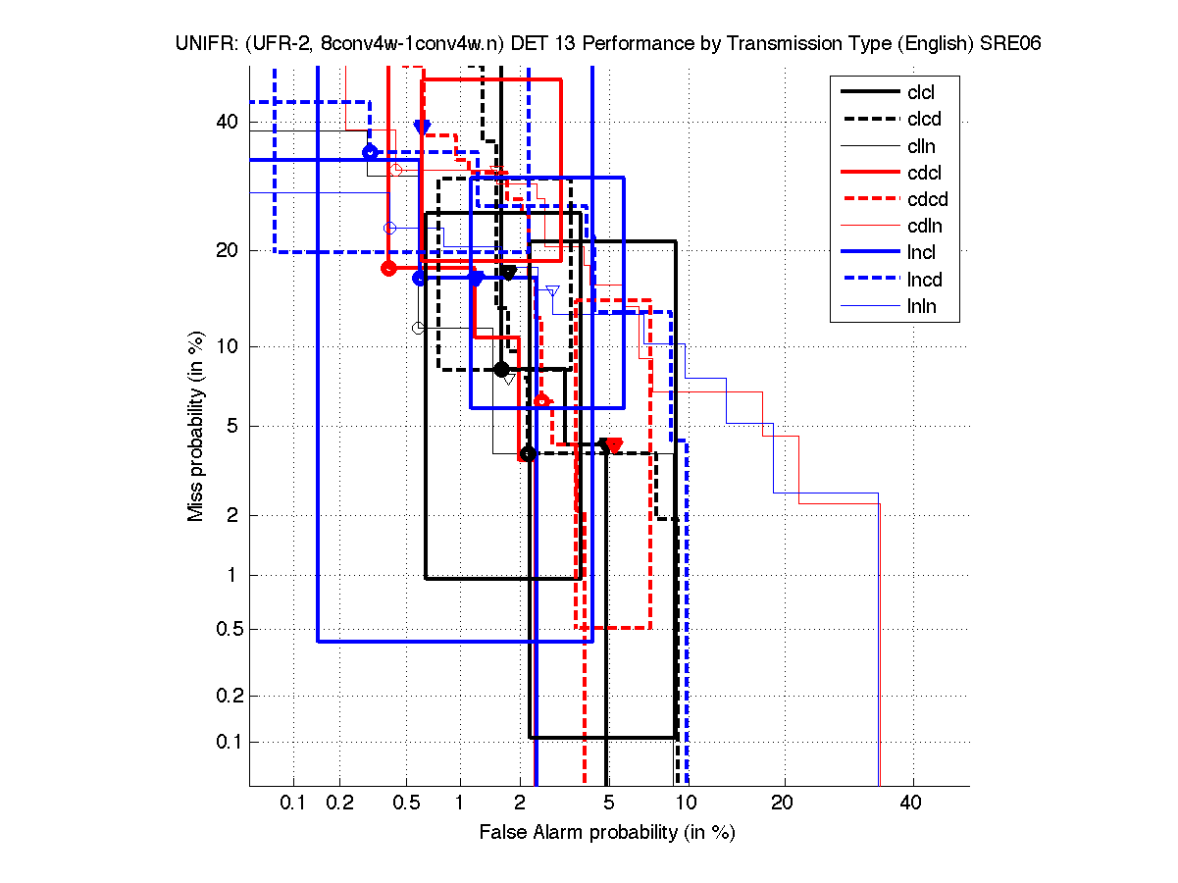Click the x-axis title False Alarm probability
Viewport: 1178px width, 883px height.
tap(606, 833)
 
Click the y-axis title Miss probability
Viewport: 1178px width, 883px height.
tap(196, 427)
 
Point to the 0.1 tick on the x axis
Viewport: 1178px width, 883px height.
tap(293, 804)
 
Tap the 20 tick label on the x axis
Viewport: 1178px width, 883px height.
tap(781, 804)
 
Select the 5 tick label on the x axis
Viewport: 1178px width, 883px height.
tap(608, 804)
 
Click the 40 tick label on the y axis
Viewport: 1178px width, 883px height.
tap(227, 122)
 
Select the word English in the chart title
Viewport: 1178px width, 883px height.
tap(928, 44)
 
